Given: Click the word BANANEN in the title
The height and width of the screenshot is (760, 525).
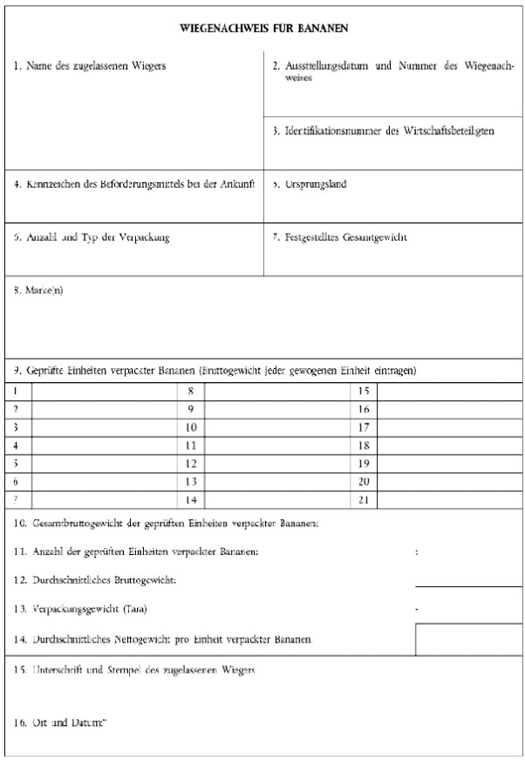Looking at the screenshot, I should (324, 29).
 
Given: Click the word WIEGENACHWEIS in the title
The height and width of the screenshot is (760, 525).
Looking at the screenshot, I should (222, 29).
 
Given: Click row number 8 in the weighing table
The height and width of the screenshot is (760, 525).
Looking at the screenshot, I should (190, 393).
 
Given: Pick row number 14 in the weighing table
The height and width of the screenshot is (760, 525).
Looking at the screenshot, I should (191, 499).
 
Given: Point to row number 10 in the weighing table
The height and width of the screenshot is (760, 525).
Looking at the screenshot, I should (191, 428).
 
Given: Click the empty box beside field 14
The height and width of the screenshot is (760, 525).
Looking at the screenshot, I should (468, 638).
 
